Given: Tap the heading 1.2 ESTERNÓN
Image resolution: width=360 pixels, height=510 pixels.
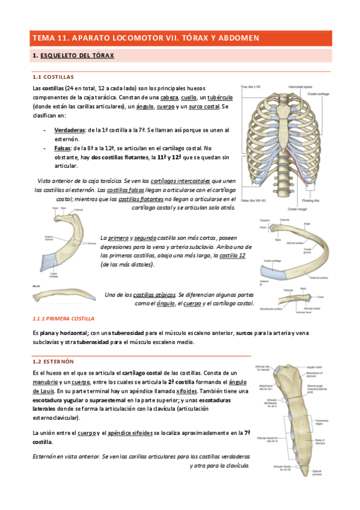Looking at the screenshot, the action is pyautogui.click(x=53, y=361).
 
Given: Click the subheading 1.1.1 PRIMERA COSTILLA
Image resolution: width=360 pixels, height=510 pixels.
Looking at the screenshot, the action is pyautogui.click(x=63, y=318).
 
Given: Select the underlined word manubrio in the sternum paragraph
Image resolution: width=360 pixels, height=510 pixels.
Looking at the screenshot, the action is pyautogui.click(x=46, y=382).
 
